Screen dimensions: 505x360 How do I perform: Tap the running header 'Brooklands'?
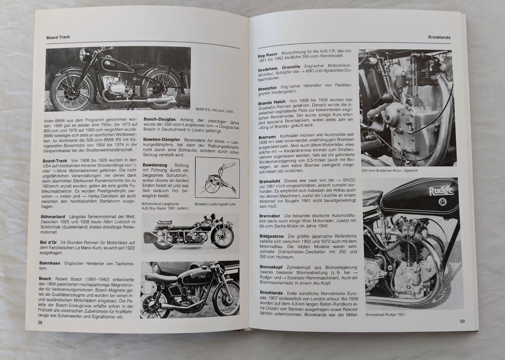[439, 37]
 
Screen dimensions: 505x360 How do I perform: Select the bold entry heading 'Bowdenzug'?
[154, 165]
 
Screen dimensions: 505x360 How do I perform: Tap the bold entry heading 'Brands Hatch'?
[272, 102]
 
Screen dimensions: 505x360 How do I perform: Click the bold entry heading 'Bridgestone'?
[271, 236]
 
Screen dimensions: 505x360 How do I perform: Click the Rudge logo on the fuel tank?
[441, 191]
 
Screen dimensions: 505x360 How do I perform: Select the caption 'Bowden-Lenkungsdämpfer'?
[215, 204]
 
